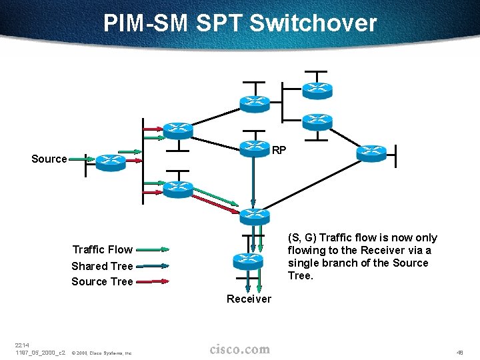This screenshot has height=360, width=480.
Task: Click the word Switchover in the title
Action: coord(313,23)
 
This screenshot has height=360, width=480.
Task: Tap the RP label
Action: coord(279,150)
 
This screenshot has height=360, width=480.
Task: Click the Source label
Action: coord(49,159)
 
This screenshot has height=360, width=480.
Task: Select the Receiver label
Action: coord(249,299)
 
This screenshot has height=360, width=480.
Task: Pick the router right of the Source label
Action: coord(110,161)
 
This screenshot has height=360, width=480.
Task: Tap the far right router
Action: coord(371,153)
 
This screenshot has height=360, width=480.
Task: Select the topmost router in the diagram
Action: coord(317,88)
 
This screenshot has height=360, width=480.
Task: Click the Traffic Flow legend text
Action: coord(102,249)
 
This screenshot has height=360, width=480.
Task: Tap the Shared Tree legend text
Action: coord(102,266)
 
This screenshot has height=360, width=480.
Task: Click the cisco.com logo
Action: coord(240,349)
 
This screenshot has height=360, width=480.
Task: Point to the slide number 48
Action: coord(460,351)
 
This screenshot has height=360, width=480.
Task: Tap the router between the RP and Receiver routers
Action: coord(253,215)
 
